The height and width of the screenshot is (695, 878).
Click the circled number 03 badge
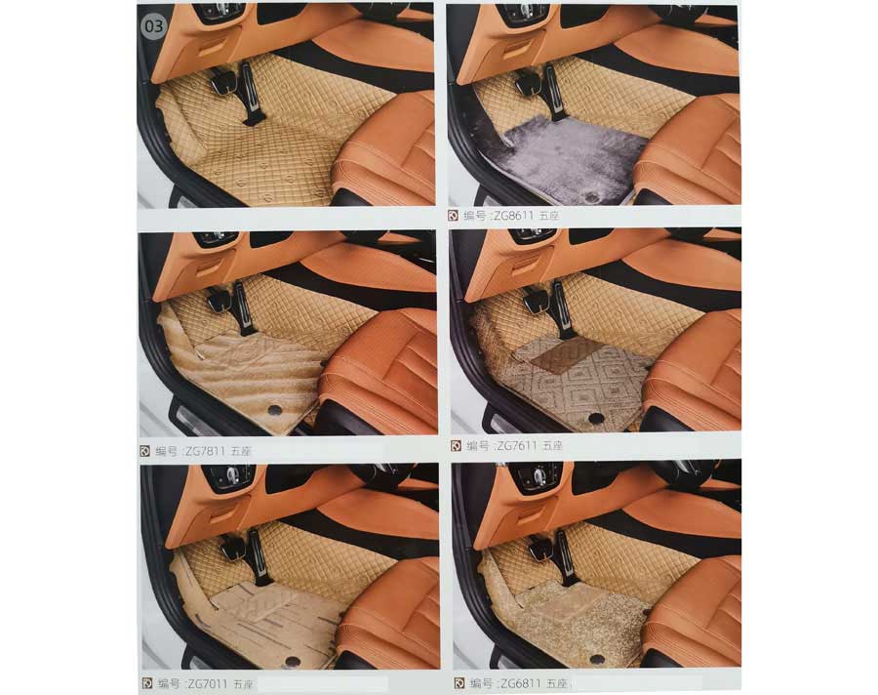(x=153, y=25)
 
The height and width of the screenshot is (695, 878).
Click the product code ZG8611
(x=513, y=215)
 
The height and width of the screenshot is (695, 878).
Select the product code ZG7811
(x=206, y=451)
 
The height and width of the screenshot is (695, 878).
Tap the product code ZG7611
(x=517, y=445)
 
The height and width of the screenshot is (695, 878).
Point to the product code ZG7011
(x=208, y=683)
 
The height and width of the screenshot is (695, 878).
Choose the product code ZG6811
(x=520, y=683)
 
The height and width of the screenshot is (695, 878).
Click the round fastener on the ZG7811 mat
(x=274, y=410)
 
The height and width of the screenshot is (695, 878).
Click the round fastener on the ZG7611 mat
(x=595, y=418)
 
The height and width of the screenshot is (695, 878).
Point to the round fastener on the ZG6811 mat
(x=597, y=660)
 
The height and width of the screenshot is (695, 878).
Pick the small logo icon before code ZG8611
(x=454, y=215)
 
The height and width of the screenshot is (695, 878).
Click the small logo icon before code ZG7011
(x=147, y=683)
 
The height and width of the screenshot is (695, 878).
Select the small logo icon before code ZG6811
(x=459, y=683)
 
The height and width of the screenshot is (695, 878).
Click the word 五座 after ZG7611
(x=552, y=445)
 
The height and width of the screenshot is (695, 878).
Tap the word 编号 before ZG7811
(x=167, y=451)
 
